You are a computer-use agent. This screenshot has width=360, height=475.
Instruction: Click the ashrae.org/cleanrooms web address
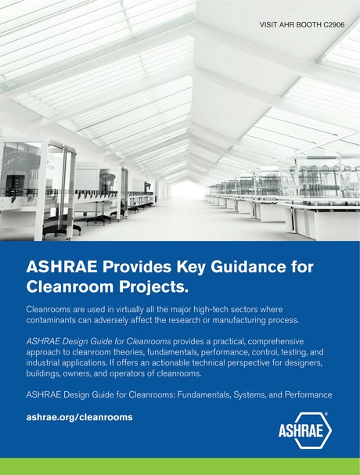[79, 417]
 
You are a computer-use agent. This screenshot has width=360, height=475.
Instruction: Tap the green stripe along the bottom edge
[180, 467]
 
